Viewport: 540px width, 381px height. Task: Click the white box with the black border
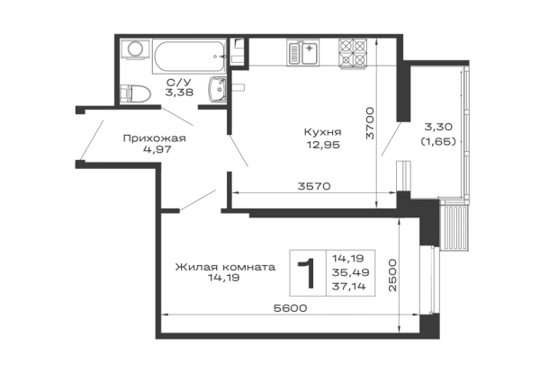188,56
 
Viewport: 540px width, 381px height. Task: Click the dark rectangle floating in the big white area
324,137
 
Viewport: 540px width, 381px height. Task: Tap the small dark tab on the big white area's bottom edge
313,183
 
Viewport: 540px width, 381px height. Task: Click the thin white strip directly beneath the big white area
306,196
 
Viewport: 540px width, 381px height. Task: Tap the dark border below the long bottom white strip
297,339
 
